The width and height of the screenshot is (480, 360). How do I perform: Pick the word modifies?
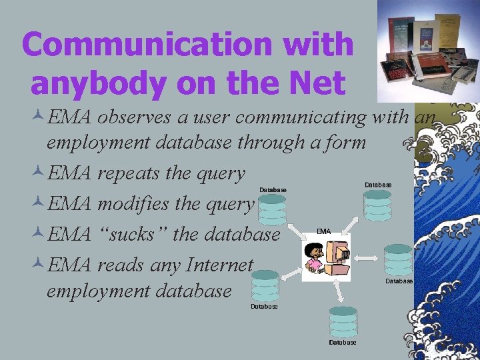tap(135, 204)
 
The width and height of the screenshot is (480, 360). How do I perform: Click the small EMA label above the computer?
tap(323, 231)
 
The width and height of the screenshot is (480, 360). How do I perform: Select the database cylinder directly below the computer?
tap(343, 321)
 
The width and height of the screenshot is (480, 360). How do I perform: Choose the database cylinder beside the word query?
tap(273, 209)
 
